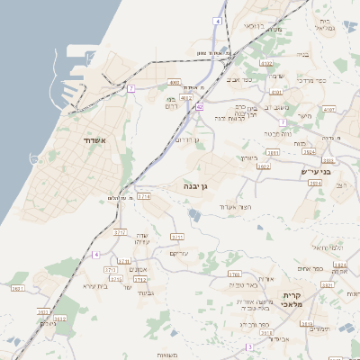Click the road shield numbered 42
coord(199,107)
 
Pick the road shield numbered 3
coord(249,346)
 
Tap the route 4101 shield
coord(328,109)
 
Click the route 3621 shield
coord(17,289)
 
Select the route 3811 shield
coord(273,154)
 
